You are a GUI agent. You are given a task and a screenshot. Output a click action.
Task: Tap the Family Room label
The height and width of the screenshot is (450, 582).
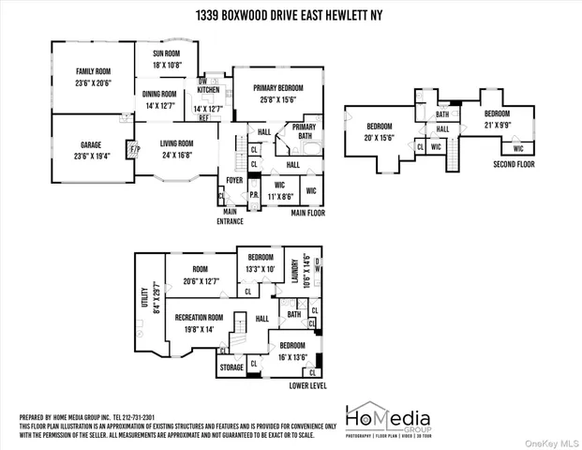pyautogui.click(x=93, y=71)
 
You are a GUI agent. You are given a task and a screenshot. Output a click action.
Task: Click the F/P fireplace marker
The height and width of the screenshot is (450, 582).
pyautogui.click(x=133, y=148)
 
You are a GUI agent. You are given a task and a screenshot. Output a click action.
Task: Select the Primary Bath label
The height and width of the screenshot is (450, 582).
pyautogui.click(x=304, y=131)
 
